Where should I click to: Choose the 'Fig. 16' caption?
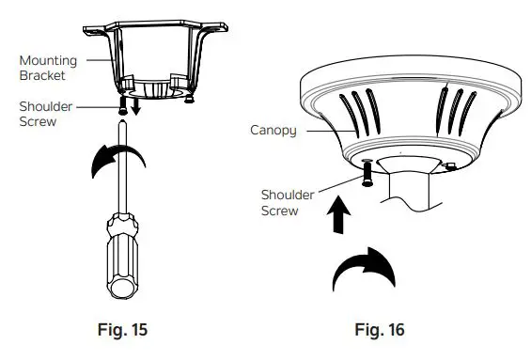tap(379, 330)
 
